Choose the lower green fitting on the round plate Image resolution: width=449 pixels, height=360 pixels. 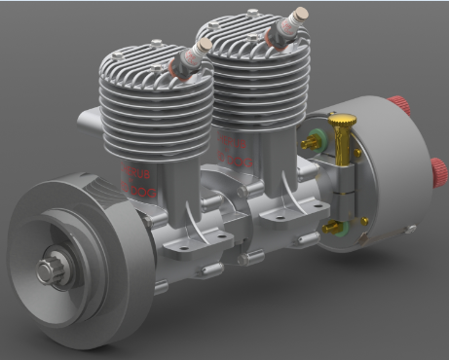[x=335, y=228]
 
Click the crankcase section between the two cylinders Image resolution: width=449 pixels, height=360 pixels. [x=219, y=209]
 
